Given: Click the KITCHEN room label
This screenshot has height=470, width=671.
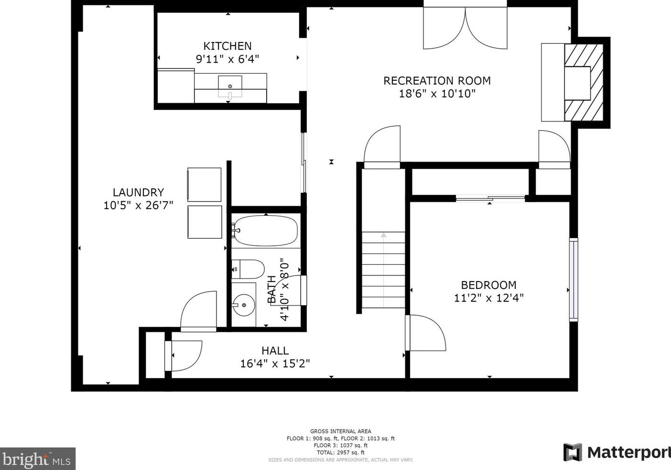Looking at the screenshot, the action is (x=227, y=46).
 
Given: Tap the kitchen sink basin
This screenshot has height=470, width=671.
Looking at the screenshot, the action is (x=230, y=87).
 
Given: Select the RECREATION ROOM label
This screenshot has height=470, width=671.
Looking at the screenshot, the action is (x=437, y=81).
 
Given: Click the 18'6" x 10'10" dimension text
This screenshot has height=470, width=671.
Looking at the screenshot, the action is (x=437, y=94).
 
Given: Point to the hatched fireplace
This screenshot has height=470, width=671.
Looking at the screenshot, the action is (x=584, y=83).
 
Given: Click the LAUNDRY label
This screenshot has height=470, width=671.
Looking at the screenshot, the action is (x=139, y=192).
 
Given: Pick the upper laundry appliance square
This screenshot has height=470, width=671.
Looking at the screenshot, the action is (x=204, y=185).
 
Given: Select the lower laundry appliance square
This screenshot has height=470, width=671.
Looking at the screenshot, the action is (x=205, y=222).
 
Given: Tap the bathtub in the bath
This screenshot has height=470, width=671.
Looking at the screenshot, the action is (x=265, y=230).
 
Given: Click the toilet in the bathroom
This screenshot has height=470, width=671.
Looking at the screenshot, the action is (x=248, y=269).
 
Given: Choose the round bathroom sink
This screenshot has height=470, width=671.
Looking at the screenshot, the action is (x=244, y=305).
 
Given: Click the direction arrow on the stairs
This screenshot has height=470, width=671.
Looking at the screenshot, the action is (x=383, y=270).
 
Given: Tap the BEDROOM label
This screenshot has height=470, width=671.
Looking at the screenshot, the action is (x=488, y=285).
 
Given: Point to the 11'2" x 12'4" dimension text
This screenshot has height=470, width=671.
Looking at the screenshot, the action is (x=489, y=298).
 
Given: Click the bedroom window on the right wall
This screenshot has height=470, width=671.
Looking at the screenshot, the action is (x=574, y=280).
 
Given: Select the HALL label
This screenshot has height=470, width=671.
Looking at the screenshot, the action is (x=275, y=350).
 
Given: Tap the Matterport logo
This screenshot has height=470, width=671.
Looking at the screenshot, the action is (x=617, y=453).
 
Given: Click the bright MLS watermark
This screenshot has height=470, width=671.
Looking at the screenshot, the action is (x=38, y=459).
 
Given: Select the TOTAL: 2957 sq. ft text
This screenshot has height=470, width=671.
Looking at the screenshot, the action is (x=341, y=452).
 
